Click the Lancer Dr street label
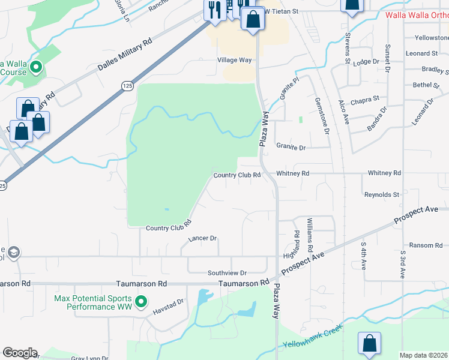click(202, 238)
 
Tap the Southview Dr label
click(227, 273)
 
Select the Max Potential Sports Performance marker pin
click(141, 302)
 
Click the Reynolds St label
click(382, 195)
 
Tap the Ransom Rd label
click(426, 245)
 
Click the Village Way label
click(234, 61)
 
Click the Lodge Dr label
click(367, 62)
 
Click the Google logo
click(19, 353)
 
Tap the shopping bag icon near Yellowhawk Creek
click(370, 343)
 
